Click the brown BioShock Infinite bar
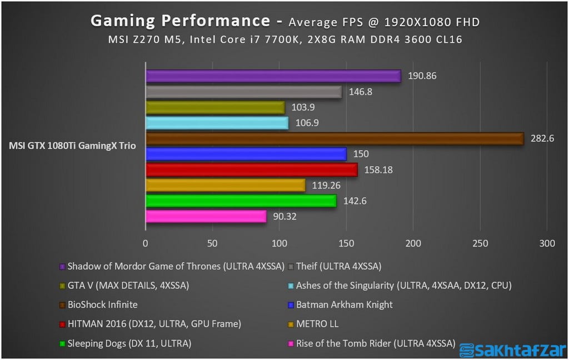[334, 138]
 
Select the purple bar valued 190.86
[273, 76]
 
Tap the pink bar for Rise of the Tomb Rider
[206, 216]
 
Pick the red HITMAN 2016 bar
[251, 169]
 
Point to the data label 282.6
[543, 138]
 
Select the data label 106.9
[307, 123]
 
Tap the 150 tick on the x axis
[346, 243]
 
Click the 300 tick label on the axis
[547, 243]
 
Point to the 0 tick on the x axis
[146, 243]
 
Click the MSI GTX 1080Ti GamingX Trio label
[72, 146]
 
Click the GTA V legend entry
[128, 286]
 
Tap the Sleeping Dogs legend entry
[129, 343]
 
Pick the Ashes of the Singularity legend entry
[403, 286]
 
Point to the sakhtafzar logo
[511, 348]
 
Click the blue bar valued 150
[246, 154]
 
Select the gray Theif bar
[243, 92]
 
